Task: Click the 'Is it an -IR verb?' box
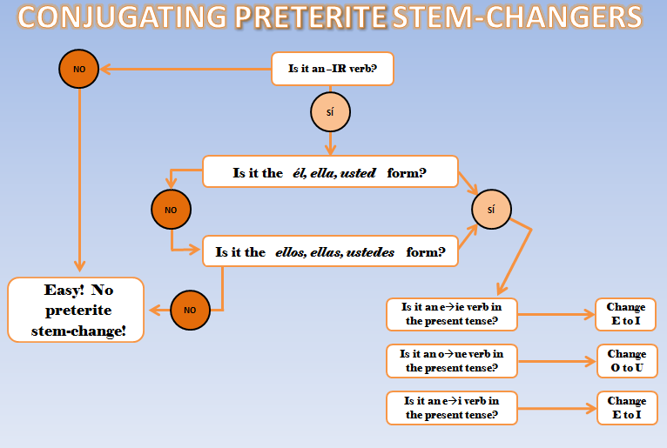[x=333, y=68]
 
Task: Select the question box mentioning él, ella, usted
[x=330, y=172]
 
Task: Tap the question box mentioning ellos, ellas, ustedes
[x=330, y=253]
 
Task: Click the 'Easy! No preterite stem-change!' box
[x=76, y=310]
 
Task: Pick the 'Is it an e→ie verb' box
[x=451, y=314]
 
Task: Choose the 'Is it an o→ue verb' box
[x=451, y=361]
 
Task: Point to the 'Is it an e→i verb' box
[x=451, y=408]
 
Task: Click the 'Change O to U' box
[x=626, y=361]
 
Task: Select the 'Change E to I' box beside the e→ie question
[x=625, y=314]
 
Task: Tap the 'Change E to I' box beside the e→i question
[x=626, y=408]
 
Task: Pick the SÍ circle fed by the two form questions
[x=492, y=210]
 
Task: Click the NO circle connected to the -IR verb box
[x=78, y=68]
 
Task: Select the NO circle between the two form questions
[x=171, y=210]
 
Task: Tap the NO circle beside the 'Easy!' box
[x=190, y=310]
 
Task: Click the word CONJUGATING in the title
[x=118, y=17]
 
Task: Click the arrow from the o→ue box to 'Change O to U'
[x=557, y=361]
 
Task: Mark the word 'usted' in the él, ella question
[x=358, y=173]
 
